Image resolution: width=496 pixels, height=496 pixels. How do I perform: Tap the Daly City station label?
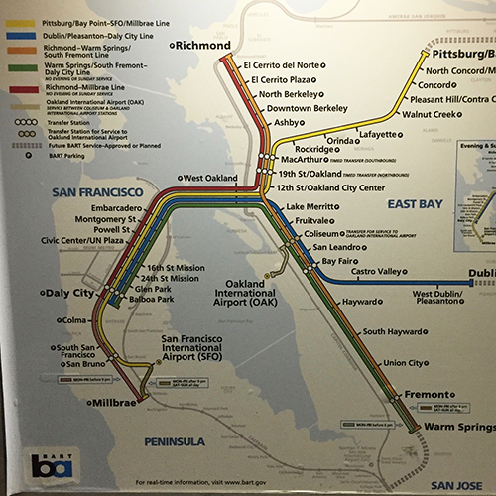[x=70, y=295]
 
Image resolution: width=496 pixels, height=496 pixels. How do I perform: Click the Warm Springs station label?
[x=457, y=428]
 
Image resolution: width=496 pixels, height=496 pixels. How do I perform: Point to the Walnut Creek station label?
[x=430, y=115]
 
